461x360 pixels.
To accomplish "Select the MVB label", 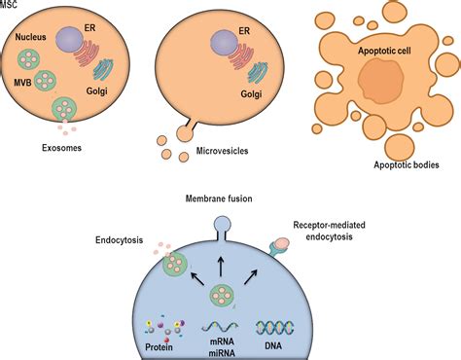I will tap(19, 82).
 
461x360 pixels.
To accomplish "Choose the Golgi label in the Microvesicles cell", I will tap(252, 93).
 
